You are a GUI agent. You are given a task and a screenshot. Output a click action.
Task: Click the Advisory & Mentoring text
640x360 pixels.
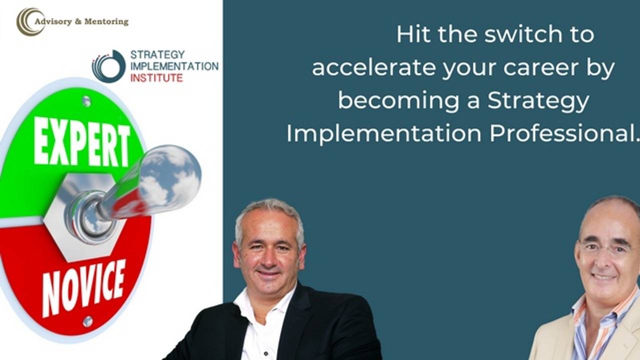click(x=81, y=21)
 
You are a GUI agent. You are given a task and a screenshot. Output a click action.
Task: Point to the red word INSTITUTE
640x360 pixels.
click(x=156, y=77)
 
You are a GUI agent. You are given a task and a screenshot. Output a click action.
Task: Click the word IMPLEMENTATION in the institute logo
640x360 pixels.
click(x=174, y=66)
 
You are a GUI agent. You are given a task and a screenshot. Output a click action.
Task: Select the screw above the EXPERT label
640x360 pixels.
click(x=86, y=101)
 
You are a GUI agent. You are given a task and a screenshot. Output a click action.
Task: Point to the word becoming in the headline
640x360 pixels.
click(x=398, y=100)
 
